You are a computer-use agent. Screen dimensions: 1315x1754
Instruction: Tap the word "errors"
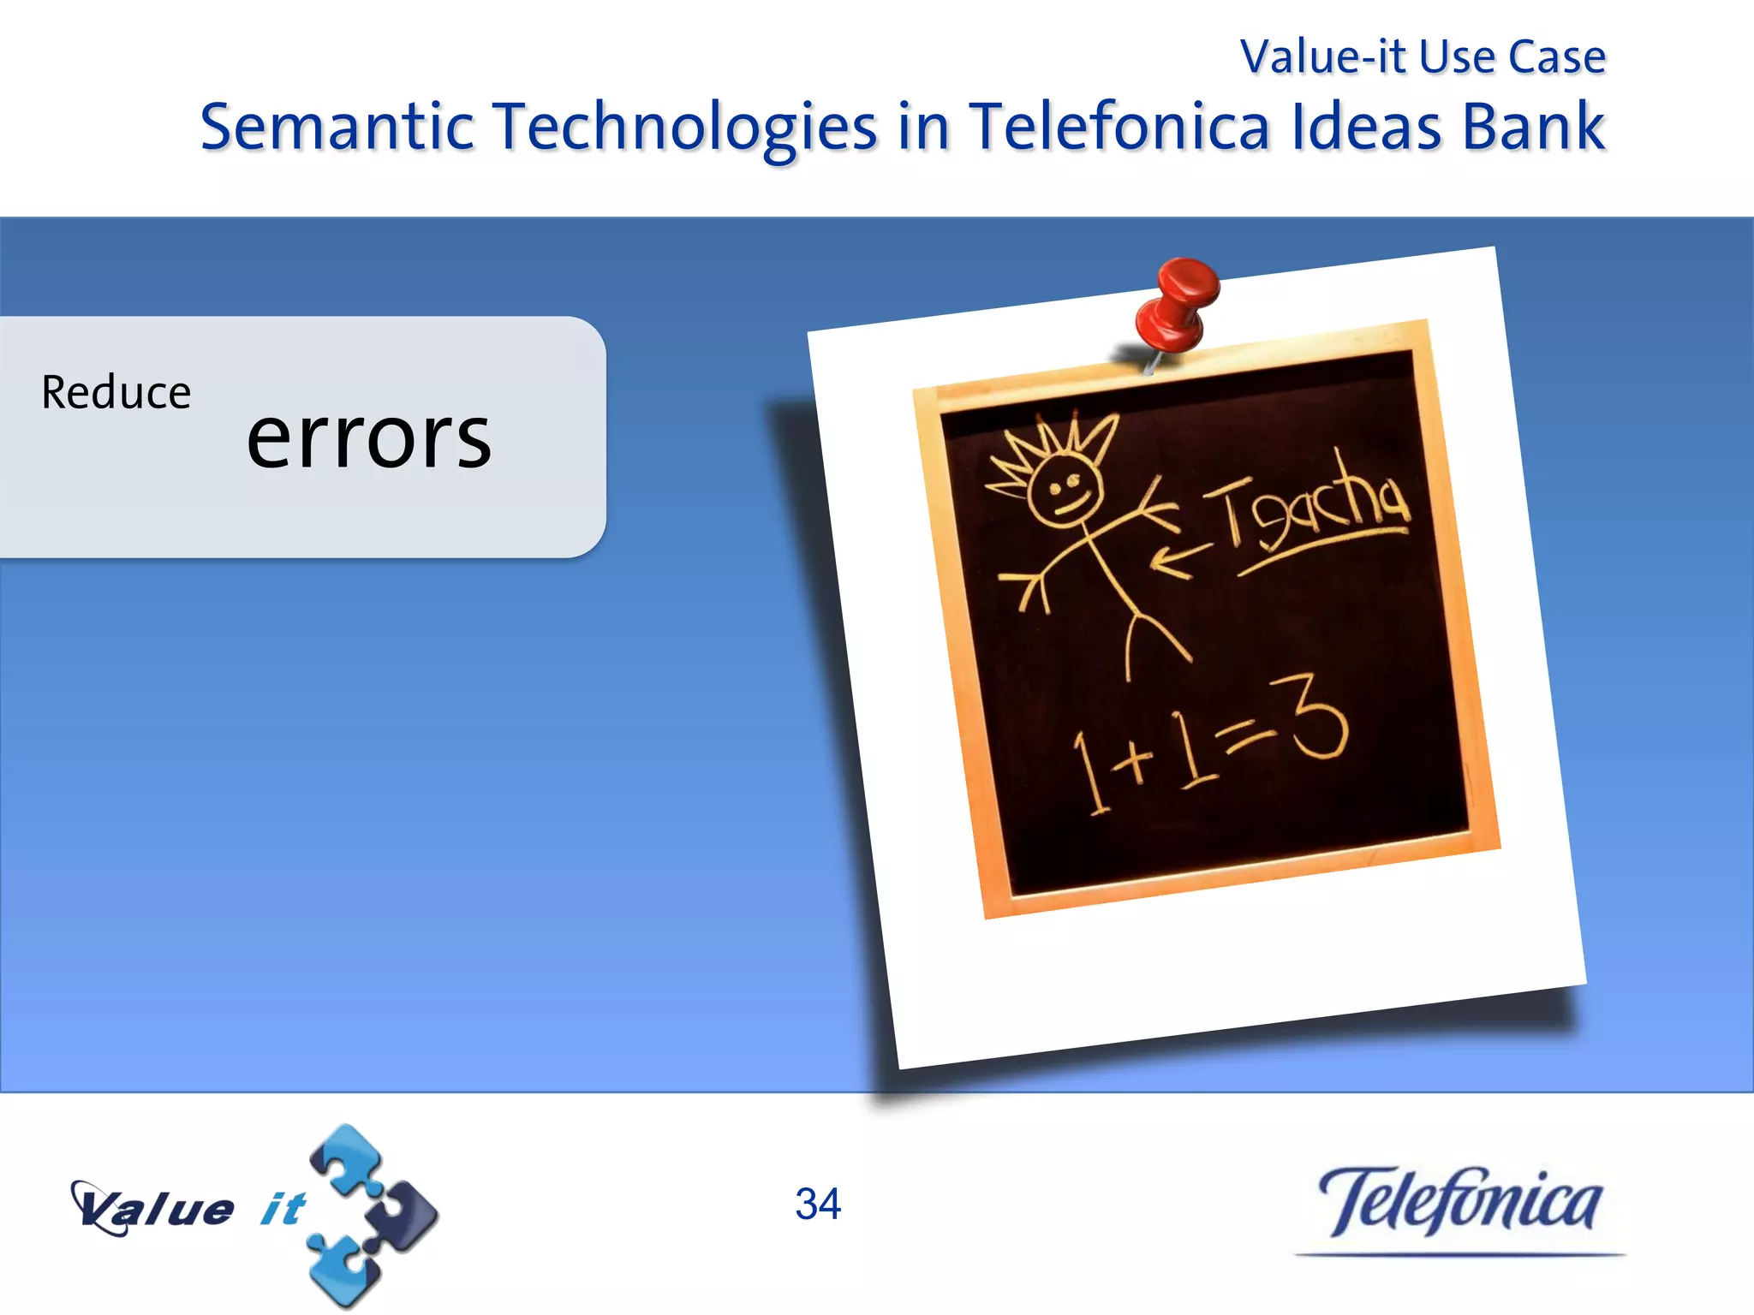pos(369,438)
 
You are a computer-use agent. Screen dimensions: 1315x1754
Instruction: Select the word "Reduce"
pos(116,393)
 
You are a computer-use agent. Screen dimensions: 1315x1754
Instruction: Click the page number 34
pos(818,1204)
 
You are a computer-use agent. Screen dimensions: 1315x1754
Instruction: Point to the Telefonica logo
pos(1459,1202)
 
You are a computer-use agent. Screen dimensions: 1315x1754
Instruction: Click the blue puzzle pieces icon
pos(368,1216)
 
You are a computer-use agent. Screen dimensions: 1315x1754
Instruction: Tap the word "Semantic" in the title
pos(337,127)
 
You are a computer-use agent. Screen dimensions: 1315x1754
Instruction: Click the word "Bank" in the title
pos(1532,127)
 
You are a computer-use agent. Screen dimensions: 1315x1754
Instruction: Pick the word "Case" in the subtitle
pos(1556,57)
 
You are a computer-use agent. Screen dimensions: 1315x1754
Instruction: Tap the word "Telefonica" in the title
pos(1119,127)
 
